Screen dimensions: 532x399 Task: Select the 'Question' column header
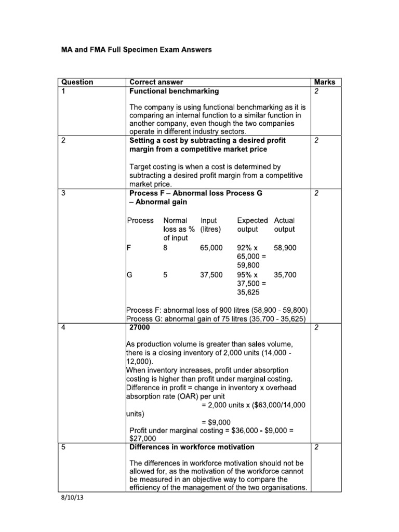coord(77,82)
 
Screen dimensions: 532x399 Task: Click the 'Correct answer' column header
coord(156,82)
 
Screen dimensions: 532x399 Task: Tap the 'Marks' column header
coord(325,82)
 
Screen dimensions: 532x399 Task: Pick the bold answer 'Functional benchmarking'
coord(174,91)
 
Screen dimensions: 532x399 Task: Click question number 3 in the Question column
coord(63,193)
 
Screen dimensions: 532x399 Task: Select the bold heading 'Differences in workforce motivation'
coord(192,447)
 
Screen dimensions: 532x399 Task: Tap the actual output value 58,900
coord(285,248)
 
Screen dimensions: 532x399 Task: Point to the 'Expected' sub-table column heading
coord(252,220)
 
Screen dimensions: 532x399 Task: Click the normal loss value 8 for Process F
coord(165,248)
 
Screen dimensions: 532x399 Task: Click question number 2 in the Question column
coord(63,140)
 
